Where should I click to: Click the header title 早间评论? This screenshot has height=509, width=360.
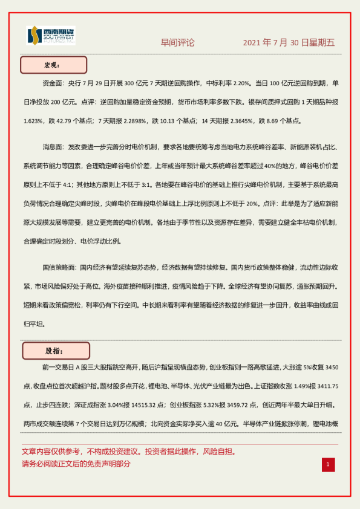click(x=177, y=43)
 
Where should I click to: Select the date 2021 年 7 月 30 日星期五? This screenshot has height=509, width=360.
click(x=289, y=43)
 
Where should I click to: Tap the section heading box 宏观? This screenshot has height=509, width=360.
click(x=54, y=65)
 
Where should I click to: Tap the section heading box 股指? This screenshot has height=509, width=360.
click(x=56, y=351)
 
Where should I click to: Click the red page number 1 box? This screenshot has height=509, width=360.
click(x=327, y=464)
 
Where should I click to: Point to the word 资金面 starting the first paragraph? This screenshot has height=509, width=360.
click(x=53, y=83)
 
